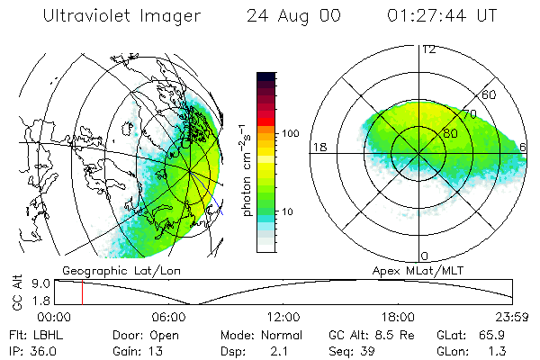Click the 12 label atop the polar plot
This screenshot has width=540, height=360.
(428, 49)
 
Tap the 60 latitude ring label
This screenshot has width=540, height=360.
(490, 94)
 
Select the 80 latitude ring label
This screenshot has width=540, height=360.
(452, 133)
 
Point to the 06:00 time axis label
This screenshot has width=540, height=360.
(169, 317)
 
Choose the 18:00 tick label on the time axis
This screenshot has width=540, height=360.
(398, 317)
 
